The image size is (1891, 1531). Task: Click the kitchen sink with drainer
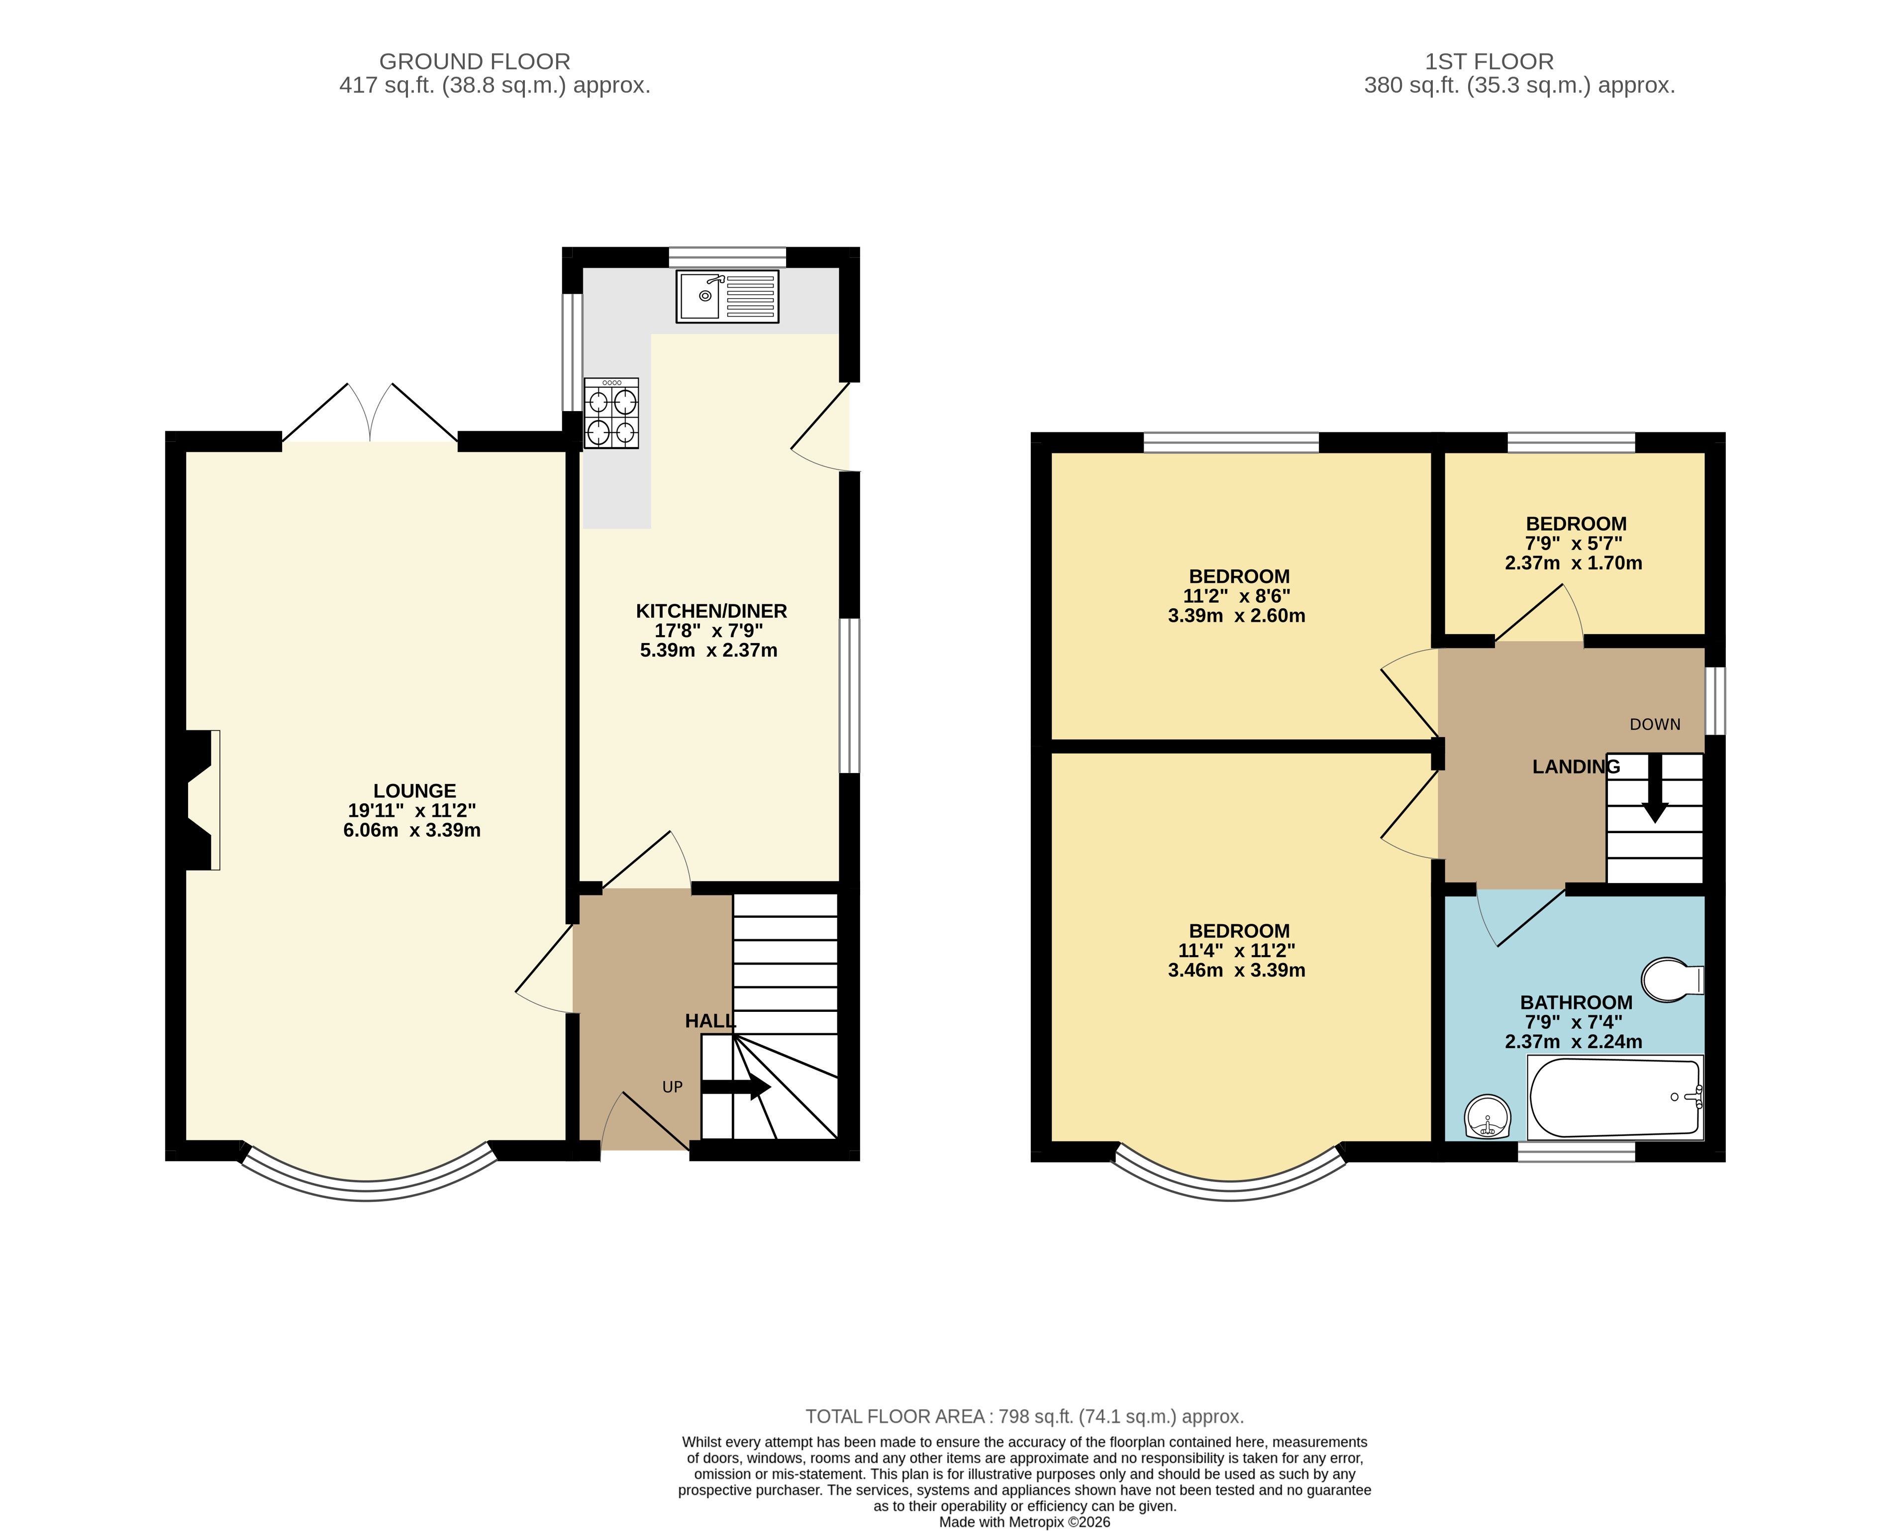pos(727,296)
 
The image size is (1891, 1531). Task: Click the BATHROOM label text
pos(1576,1003)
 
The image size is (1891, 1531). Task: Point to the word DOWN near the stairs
pos(1655,725)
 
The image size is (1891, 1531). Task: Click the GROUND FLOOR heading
pos(474,62)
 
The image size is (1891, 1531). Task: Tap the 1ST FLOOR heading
pos(1489,62)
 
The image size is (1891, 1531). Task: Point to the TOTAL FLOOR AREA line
pos(1024,1417)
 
